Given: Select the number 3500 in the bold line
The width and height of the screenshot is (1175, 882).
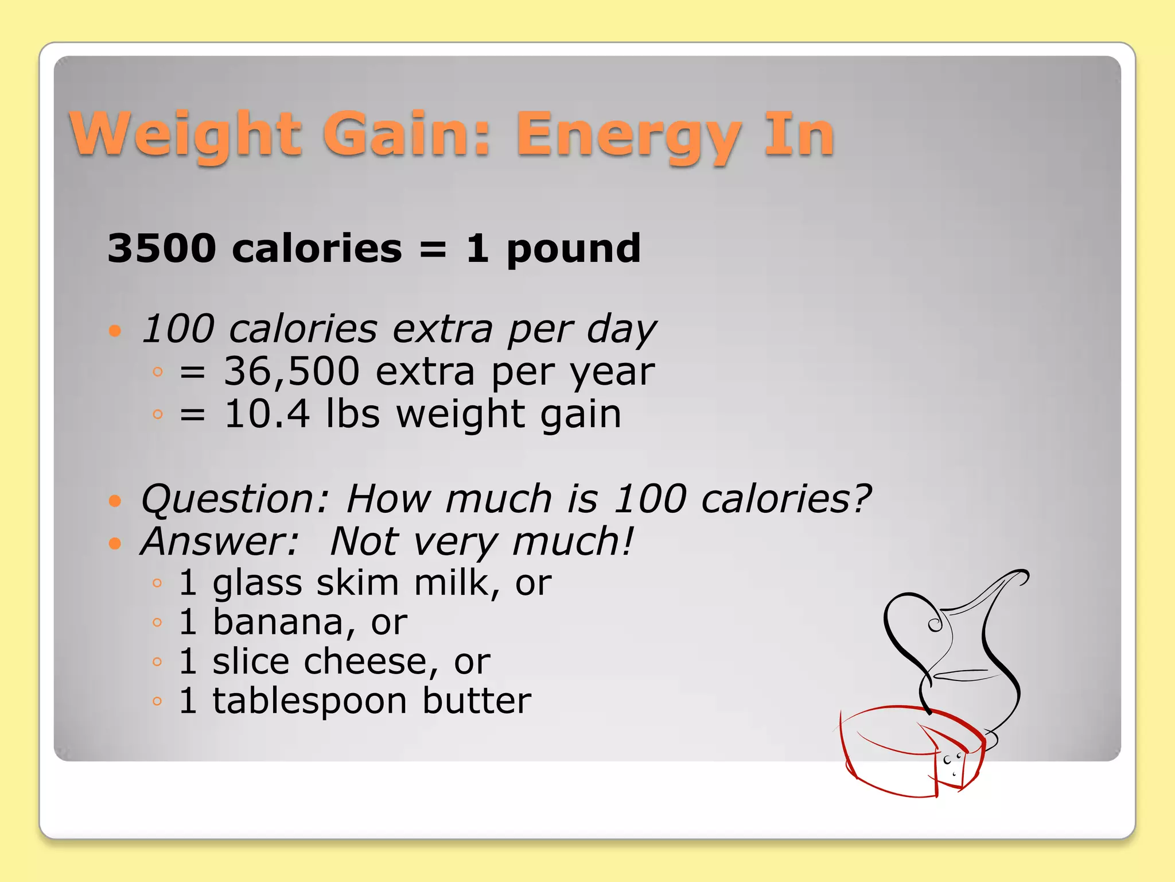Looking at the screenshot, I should [162, 248].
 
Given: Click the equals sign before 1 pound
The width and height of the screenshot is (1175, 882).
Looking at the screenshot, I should [433, 249].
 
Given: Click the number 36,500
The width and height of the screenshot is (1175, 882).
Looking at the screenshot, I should [291, 371].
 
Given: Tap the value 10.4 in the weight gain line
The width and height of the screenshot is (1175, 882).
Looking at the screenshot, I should [267, 413].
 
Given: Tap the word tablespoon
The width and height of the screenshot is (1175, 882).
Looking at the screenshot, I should [310, 701].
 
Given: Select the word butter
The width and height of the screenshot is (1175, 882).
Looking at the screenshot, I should [477, 701].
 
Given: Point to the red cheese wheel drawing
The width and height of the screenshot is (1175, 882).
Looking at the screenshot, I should [906, 752].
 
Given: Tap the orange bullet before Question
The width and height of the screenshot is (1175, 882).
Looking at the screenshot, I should [115, 501].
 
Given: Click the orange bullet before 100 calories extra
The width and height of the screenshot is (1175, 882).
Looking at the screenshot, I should [115, 331].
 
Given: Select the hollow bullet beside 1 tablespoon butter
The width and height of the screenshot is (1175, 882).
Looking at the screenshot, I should [158, 701].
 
